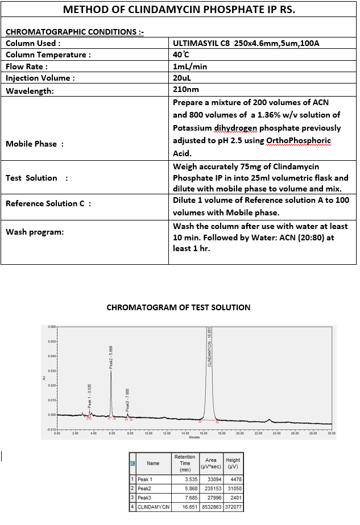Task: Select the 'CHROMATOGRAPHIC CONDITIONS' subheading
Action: point(74,32)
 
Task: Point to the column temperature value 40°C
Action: point(181,55)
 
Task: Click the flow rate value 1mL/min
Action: point(190,66)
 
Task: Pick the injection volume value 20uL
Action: point(183,78)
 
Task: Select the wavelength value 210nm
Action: point(186,90)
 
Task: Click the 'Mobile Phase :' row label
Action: point(35,144)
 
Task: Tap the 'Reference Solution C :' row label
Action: point(48,203)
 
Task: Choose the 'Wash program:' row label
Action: point(35,232)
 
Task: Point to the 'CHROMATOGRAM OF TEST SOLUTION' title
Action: point(179,307)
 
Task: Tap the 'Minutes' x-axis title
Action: point(194,438)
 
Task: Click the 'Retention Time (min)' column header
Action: point(184,463)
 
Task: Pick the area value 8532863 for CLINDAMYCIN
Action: point(210,507)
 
